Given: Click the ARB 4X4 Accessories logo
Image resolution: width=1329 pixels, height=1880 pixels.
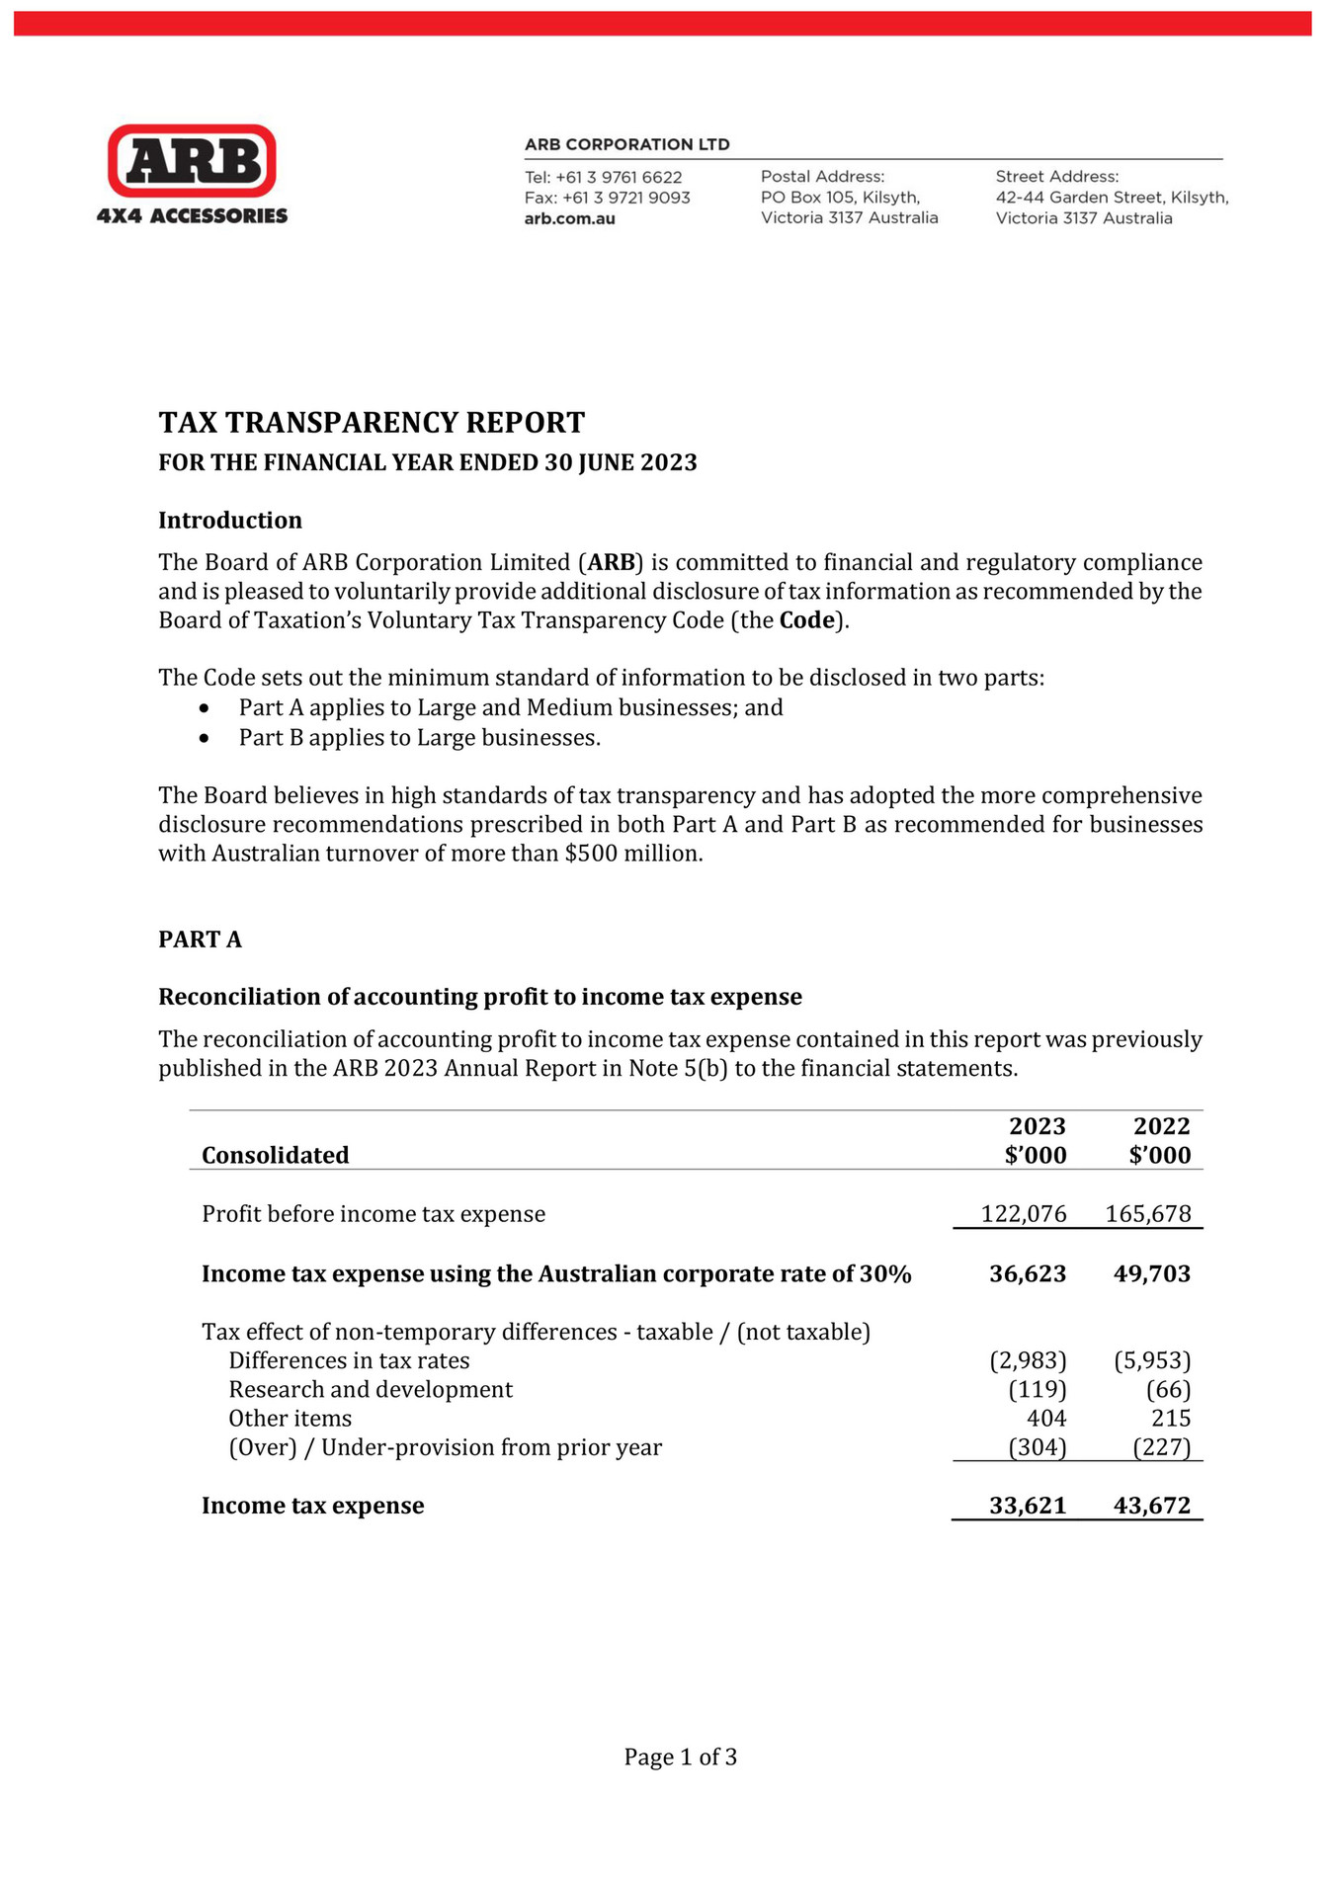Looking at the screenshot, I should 192,174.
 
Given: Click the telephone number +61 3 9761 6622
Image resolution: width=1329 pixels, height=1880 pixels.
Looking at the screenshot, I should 619,177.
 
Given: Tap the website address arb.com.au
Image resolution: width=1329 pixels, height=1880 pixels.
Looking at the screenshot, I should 570,218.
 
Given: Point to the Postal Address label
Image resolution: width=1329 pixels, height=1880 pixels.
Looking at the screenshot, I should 822,176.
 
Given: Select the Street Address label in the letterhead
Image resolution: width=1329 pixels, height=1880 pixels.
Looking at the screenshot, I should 1056,176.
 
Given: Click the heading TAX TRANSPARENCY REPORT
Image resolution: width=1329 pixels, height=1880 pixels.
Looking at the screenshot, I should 372,423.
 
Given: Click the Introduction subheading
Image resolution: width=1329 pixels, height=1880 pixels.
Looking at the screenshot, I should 230,521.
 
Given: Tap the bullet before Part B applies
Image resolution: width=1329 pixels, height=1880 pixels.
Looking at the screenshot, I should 205,738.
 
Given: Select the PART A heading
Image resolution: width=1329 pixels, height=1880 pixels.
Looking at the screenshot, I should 200,940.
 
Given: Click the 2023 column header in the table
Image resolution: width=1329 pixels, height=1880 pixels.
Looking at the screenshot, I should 1037,1126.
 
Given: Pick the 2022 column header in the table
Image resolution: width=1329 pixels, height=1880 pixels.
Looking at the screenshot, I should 1161,1126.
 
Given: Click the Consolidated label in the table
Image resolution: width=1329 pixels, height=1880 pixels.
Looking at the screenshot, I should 276,1155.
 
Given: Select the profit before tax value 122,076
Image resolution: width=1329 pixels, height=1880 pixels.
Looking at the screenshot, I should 1024,1214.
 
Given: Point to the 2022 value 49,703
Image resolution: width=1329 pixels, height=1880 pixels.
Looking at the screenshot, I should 1151,1273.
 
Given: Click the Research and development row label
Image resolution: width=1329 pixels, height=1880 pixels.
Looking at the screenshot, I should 371,1390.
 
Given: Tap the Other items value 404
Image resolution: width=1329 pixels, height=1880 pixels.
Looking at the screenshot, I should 1046,1419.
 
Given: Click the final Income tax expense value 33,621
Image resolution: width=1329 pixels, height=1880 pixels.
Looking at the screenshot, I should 1028,1506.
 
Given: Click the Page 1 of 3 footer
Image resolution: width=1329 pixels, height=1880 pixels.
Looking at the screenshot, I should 680,1757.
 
